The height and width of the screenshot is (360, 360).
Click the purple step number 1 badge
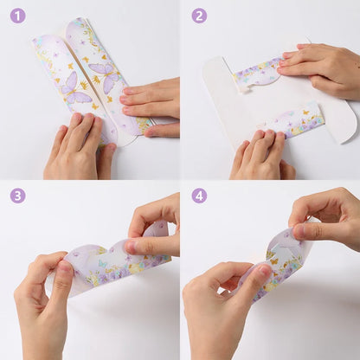coord(18,16)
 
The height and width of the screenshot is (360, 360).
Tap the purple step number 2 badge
coord(199,16)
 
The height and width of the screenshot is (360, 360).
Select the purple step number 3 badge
coord(18,196)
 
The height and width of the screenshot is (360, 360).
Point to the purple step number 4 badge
coord(199,196)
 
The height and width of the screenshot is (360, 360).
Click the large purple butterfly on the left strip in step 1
coord(74,89)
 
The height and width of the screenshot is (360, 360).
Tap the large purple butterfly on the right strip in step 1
coord(105,75)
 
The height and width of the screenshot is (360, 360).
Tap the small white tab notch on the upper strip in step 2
coord(244,90)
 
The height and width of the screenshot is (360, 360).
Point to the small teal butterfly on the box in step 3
coord(102,263)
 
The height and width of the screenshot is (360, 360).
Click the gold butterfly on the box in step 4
coord(274,261)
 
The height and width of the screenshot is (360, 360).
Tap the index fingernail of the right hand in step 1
coord(125,92)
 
